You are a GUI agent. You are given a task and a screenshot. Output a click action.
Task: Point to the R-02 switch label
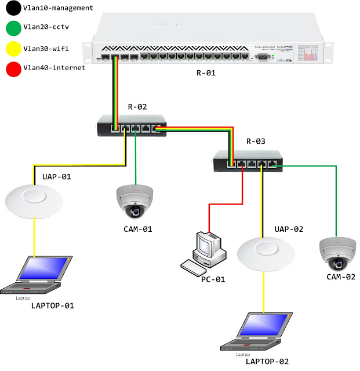[137, 107]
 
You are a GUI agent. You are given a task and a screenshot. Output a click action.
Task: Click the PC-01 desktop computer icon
[203, 252]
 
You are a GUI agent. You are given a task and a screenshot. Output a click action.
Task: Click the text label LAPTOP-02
[266, 361]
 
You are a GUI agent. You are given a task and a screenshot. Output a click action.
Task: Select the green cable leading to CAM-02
[335, 197]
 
